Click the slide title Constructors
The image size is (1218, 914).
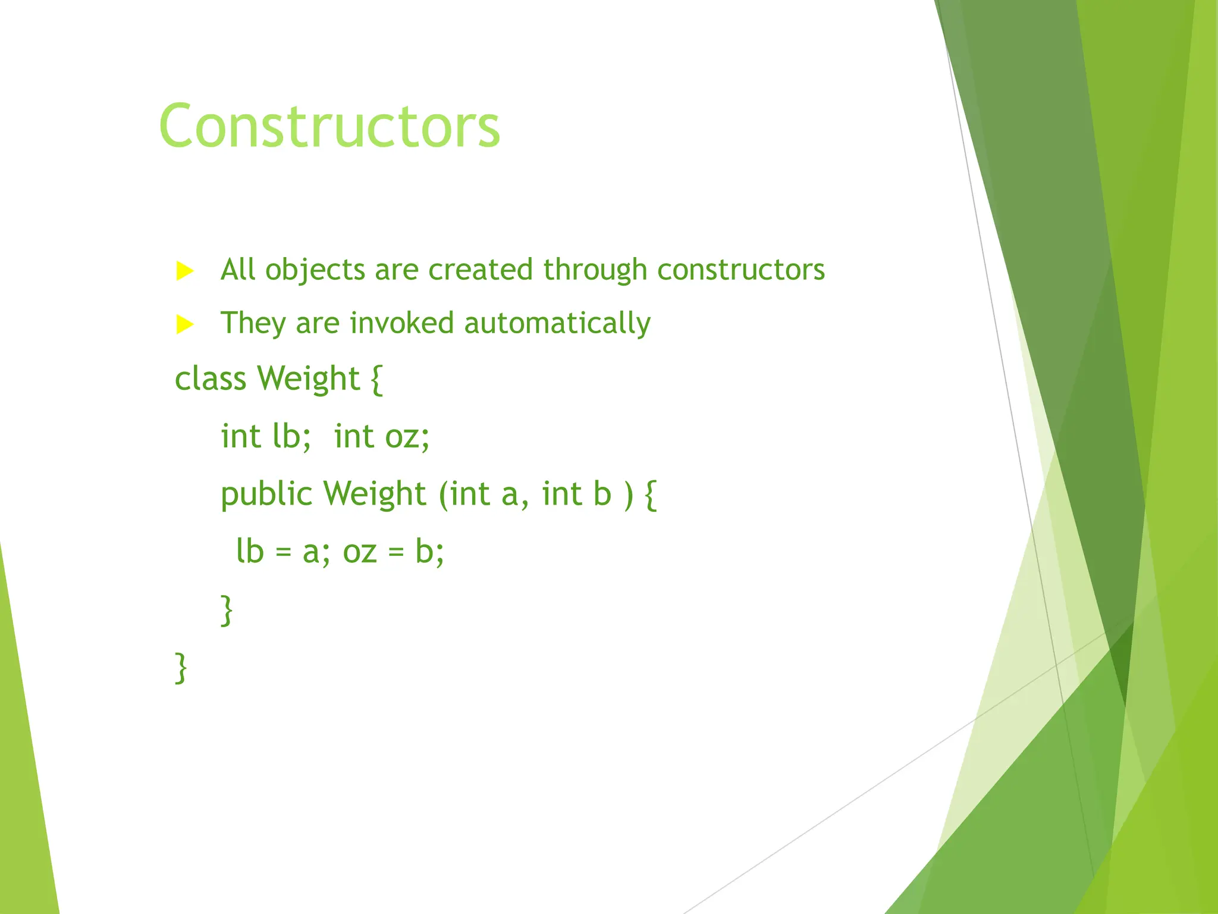pos(329,126)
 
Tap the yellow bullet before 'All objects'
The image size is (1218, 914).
pos(185,271)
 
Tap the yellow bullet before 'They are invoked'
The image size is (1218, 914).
pos(185,325)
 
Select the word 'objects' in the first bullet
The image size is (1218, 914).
pos(315,270)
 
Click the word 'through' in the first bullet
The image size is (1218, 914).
pos(595,270)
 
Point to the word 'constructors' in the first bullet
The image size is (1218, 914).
pos(741,270)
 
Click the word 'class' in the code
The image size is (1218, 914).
pos(210,378)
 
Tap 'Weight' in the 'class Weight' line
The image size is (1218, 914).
pos(309,379)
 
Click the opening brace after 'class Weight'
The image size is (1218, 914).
pos(376,380)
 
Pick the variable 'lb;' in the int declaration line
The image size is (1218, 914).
pos(291,436)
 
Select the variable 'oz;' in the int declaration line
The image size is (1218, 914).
pos(407,436)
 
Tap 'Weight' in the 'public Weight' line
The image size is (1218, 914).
pos(374,494)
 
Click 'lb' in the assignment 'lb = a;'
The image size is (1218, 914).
pos(250,551)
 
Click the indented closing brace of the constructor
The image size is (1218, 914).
pos(227,610)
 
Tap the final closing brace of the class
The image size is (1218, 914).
pos(181,668)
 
